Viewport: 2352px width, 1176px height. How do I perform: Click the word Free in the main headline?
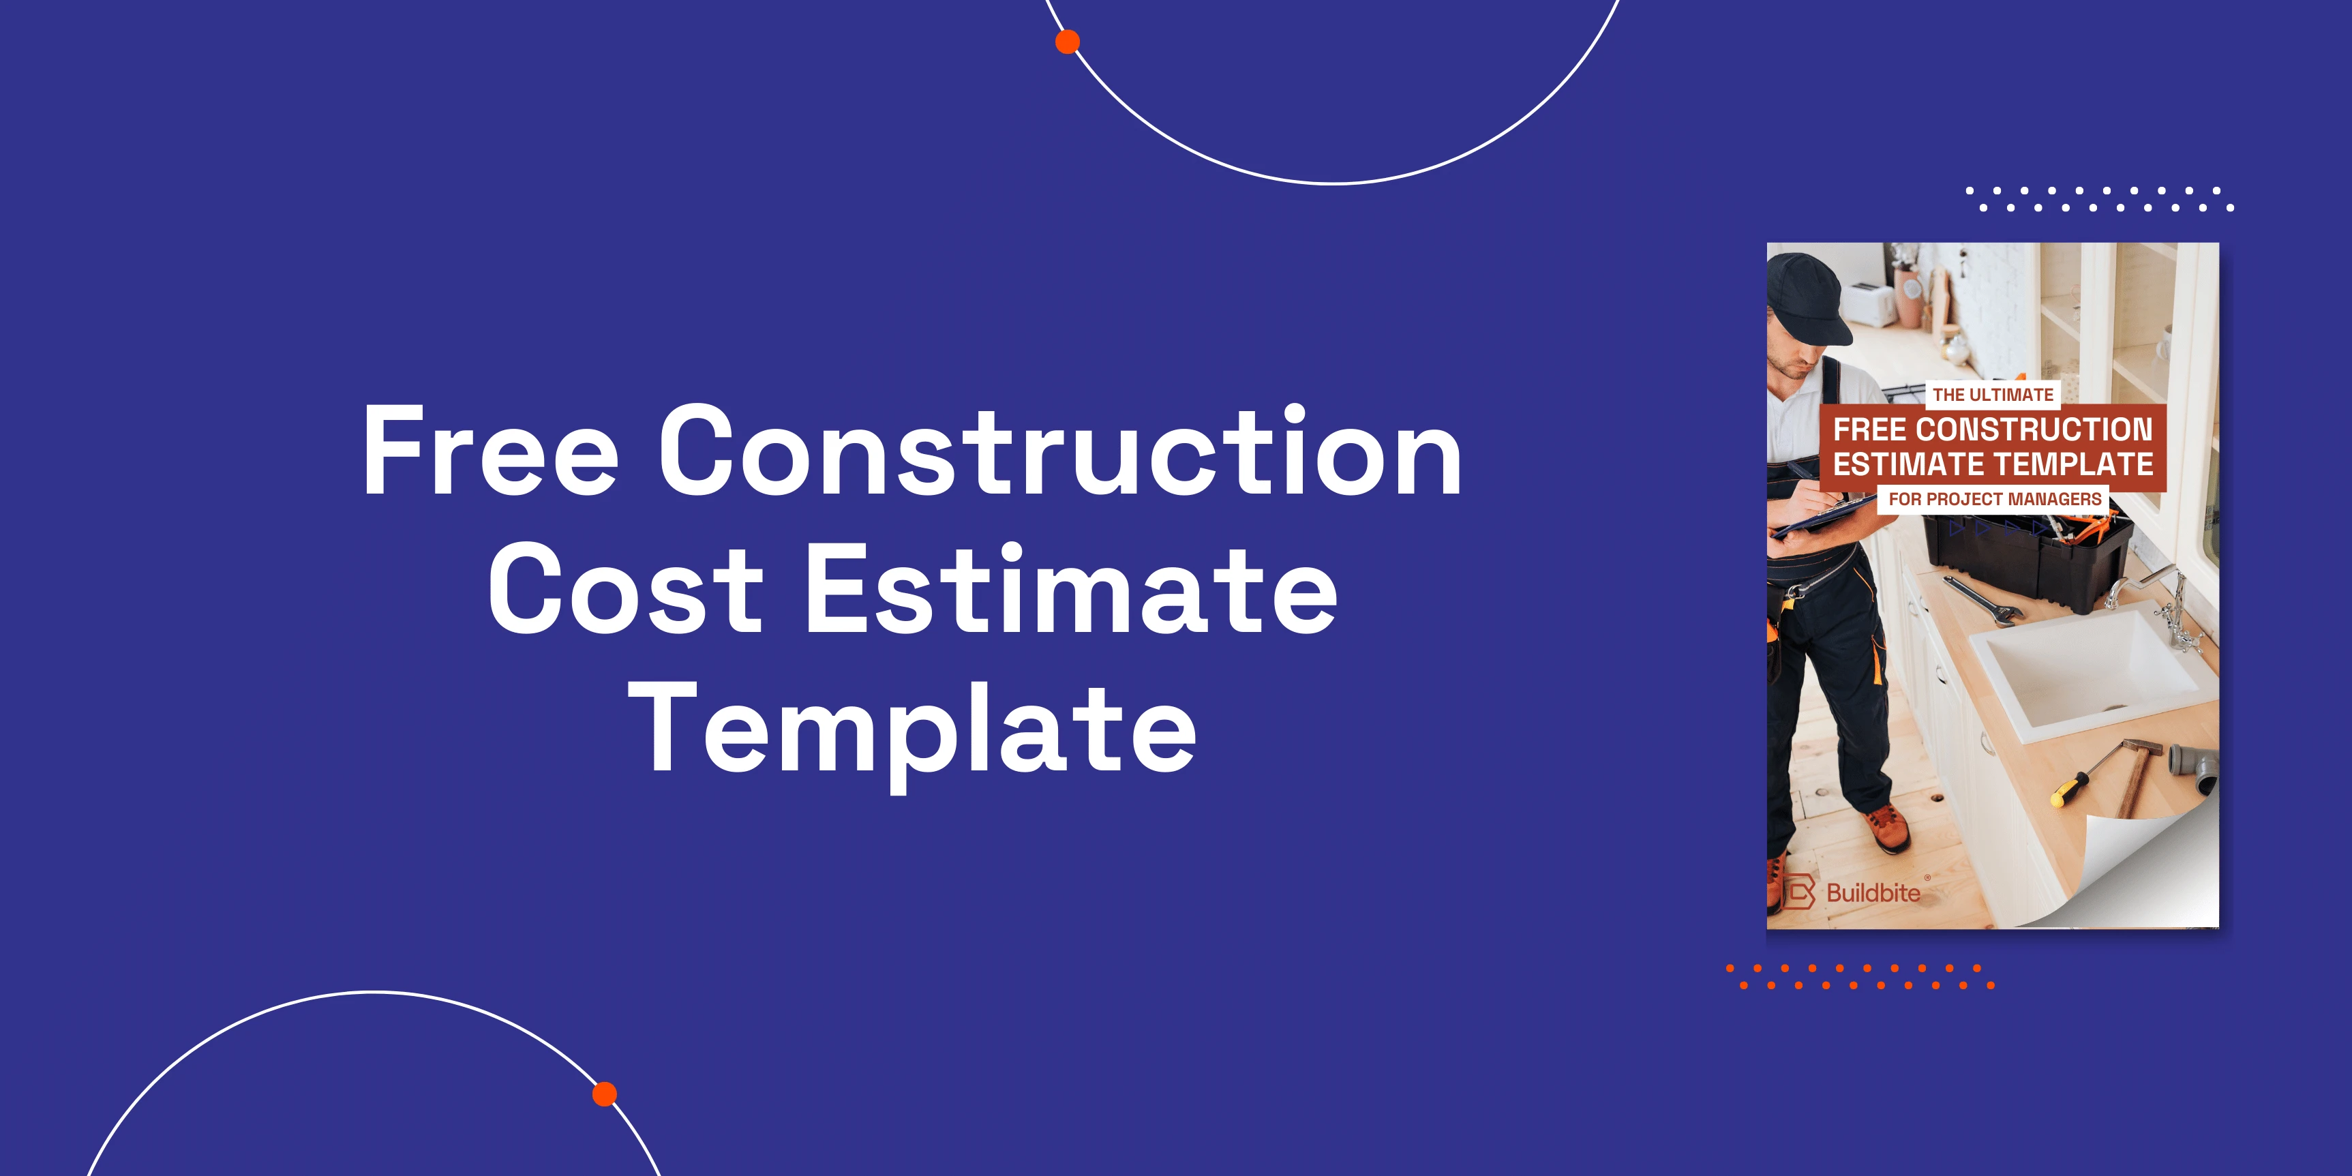point(490,449)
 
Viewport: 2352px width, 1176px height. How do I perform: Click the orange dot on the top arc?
point(1068,42)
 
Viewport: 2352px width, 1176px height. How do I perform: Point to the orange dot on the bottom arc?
point(605,1094)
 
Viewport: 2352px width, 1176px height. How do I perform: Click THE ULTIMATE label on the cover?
point(1993,395)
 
